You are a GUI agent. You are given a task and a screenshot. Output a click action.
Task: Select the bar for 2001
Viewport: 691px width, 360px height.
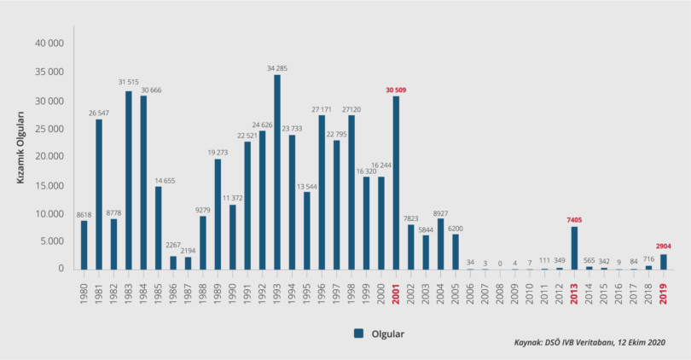[396, 183]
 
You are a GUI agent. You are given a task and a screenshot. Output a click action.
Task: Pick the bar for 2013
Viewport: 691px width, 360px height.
[574, 247]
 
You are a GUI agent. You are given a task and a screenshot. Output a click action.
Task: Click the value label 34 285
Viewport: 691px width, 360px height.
[277, 67]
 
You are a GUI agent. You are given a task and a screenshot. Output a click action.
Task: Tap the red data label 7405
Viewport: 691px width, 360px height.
[574, 219]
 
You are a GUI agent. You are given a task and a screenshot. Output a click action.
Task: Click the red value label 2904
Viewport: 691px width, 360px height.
[664, 246]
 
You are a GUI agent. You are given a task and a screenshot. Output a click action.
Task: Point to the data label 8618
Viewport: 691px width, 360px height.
[84, 214]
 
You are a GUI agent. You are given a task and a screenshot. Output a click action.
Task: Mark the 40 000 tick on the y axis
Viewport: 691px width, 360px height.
[50, 44]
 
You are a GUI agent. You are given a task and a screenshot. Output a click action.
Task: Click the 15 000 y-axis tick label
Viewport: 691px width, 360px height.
[50, 184]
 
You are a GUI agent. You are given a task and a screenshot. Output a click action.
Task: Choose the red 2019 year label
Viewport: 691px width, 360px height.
[664, 292]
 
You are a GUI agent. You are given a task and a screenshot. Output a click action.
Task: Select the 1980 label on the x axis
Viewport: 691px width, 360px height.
[84, 292]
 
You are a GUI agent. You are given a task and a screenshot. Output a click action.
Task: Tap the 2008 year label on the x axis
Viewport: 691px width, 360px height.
[500, 292]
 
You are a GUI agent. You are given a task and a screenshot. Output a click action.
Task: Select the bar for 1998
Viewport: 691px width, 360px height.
[351, 192]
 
